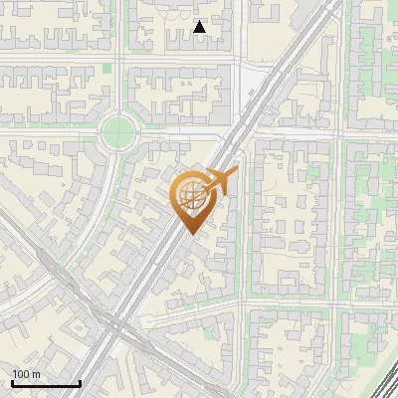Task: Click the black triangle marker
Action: [200, 28]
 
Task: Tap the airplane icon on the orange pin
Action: [221, 181]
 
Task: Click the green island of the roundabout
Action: [117, 130]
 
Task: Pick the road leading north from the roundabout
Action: [118, 95]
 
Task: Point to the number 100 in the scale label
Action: [21, 374]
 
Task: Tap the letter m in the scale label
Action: [36, 374]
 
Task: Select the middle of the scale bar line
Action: [47, 384]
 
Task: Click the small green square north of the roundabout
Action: [107, 68]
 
